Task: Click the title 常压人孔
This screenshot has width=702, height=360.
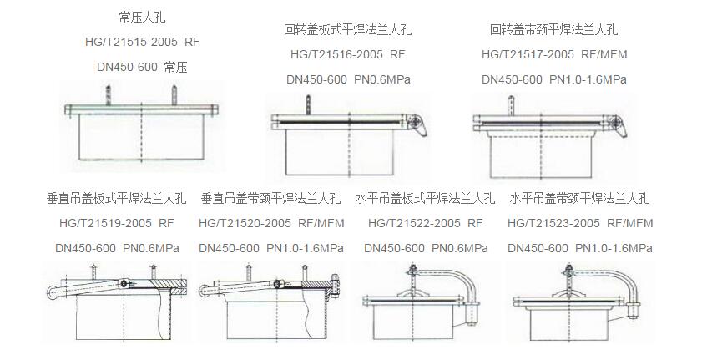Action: (143, 17)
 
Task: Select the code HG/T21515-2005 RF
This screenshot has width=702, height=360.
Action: (143, 41)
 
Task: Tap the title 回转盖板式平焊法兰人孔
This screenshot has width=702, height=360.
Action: (347, 29)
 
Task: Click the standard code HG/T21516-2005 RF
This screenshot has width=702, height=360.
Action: (347, 54)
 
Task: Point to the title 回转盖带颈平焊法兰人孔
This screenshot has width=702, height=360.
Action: (553, 29)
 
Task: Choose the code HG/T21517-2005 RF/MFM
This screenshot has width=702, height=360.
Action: (553, 54)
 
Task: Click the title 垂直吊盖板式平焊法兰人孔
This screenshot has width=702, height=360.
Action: (115, 199)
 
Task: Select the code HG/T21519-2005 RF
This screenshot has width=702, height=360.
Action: (115, 224)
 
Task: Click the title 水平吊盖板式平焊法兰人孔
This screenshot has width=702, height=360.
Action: (425, 199)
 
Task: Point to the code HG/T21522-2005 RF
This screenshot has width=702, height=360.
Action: (425, 224)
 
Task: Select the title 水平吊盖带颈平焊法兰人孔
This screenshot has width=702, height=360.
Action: (579, 199)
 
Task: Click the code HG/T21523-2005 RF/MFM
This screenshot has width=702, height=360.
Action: (579, 224)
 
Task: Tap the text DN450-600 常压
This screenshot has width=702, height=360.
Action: (143, 67)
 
